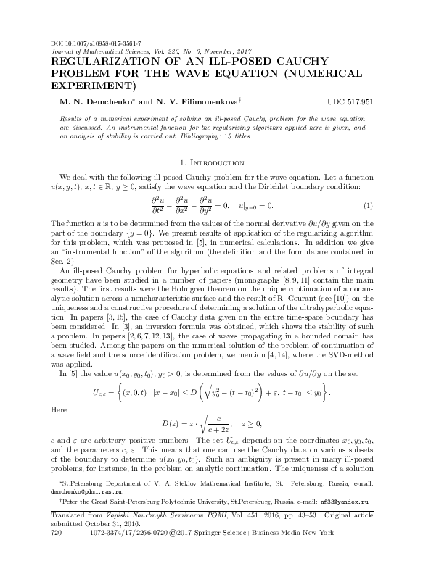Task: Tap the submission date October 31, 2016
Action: click(x=103, y=543)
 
